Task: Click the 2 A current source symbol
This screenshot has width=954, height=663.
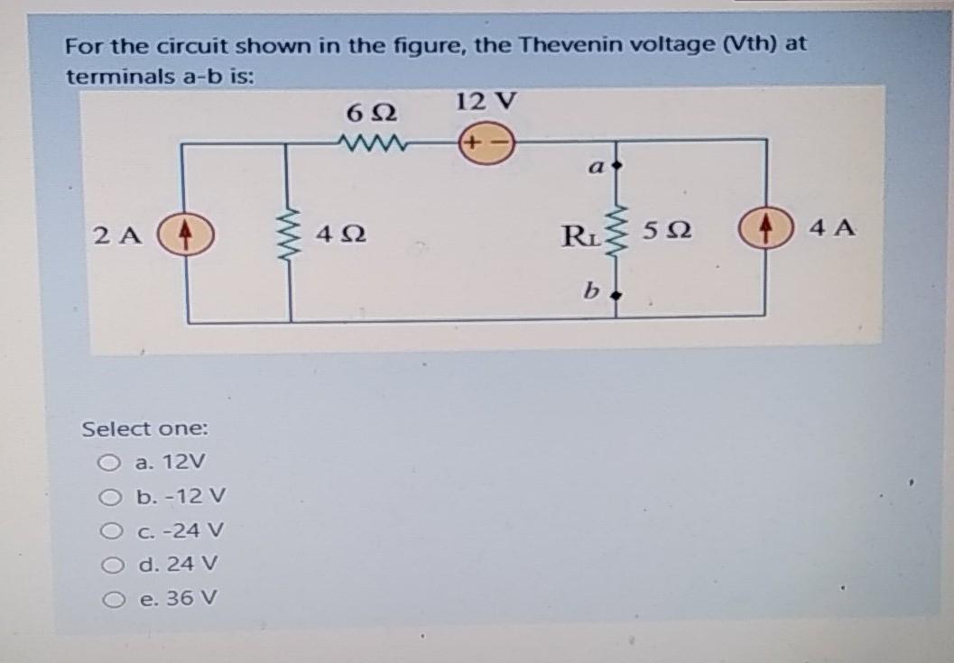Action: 185,235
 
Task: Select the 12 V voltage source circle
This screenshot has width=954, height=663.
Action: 486,143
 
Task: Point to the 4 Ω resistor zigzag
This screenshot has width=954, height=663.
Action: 288,237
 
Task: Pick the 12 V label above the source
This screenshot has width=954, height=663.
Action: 486,101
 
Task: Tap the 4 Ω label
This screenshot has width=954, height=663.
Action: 341,236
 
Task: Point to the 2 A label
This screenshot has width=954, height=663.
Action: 117,236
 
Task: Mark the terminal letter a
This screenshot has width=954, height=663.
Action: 596,167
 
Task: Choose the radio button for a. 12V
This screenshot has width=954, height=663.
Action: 108,464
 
